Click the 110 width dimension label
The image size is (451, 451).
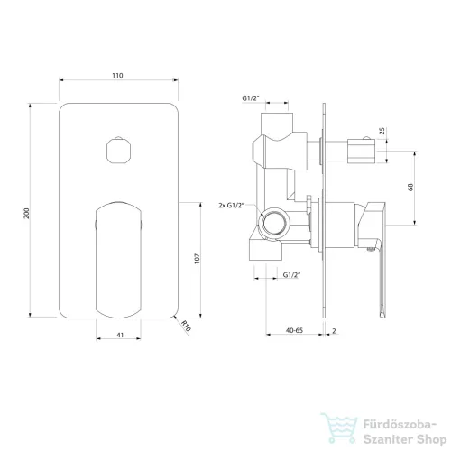point(117,76)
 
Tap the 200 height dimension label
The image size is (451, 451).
point(27,213)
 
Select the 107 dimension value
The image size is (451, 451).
point(197,259)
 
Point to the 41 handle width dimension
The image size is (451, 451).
point(120,335)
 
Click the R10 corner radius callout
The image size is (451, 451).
point(187,327)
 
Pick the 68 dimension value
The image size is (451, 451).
point(410,187)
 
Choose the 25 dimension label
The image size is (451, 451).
point(382,131)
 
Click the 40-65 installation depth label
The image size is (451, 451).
point(294,330)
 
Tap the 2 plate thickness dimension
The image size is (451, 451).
point(334,331)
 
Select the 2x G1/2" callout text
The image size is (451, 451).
point(231,206)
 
